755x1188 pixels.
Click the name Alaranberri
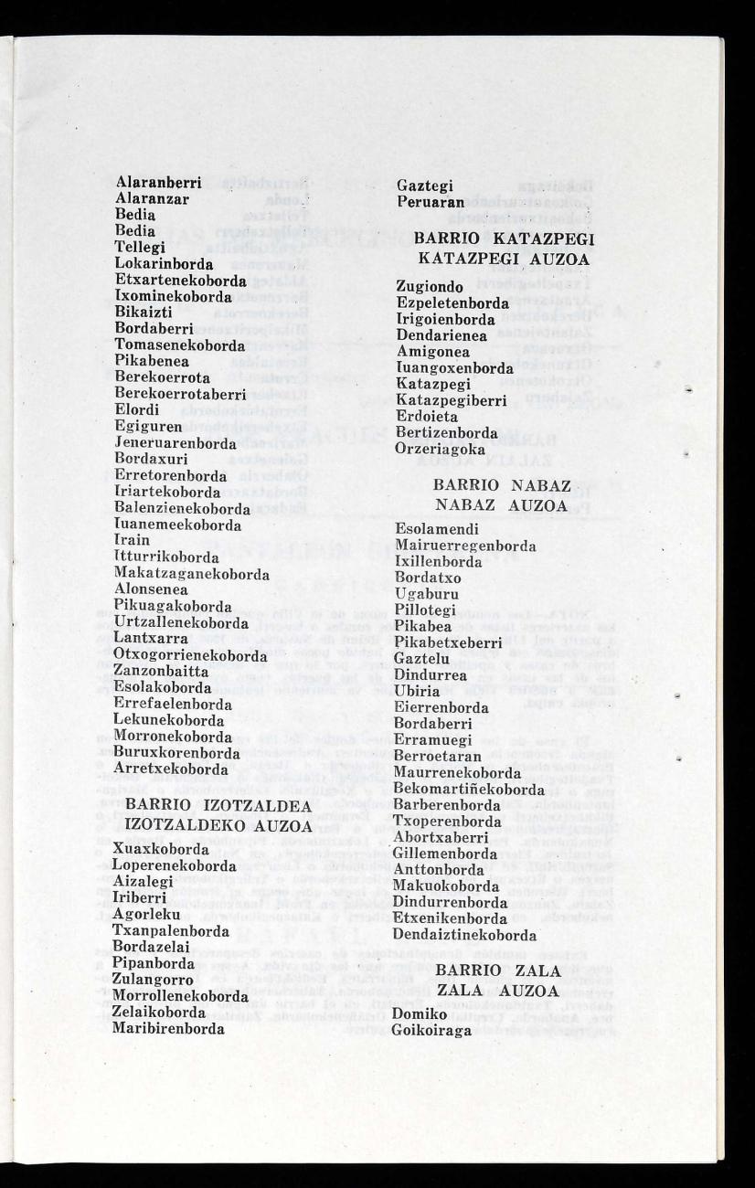pyautogui.click(x=158, y=184)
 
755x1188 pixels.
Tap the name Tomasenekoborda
pyautogui.click(x=180, y=345)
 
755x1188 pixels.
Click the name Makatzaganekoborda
pyautogui.click(x=192, y=574)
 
